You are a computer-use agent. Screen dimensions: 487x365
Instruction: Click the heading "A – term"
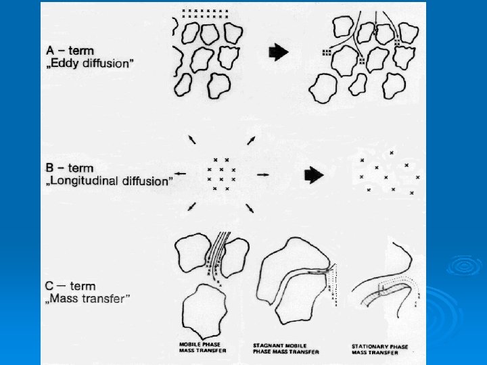click(70, 50)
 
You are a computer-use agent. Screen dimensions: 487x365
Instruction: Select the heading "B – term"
click(69, 168)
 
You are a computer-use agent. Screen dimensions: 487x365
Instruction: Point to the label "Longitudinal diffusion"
click(108, 180)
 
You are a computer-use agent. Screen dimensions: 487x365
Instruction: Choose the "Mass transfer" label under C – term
click(89, 298)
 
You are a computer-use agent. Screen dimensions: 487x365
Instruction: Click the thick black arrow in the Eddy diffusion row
click(278, 51)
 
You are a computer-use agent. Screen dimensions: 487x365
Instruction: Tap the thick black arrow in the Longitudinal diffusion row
click(314, 174)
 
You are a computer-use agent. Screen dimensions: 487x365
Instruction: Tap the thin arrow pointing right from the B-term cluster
click(263, 174)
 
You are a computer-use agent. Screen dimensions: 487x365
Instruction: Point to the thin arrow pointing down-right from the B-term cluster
click(250, 209)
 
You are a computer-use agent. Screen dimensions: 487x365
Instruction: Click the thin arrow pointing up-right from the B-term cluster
click(250, 139)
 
